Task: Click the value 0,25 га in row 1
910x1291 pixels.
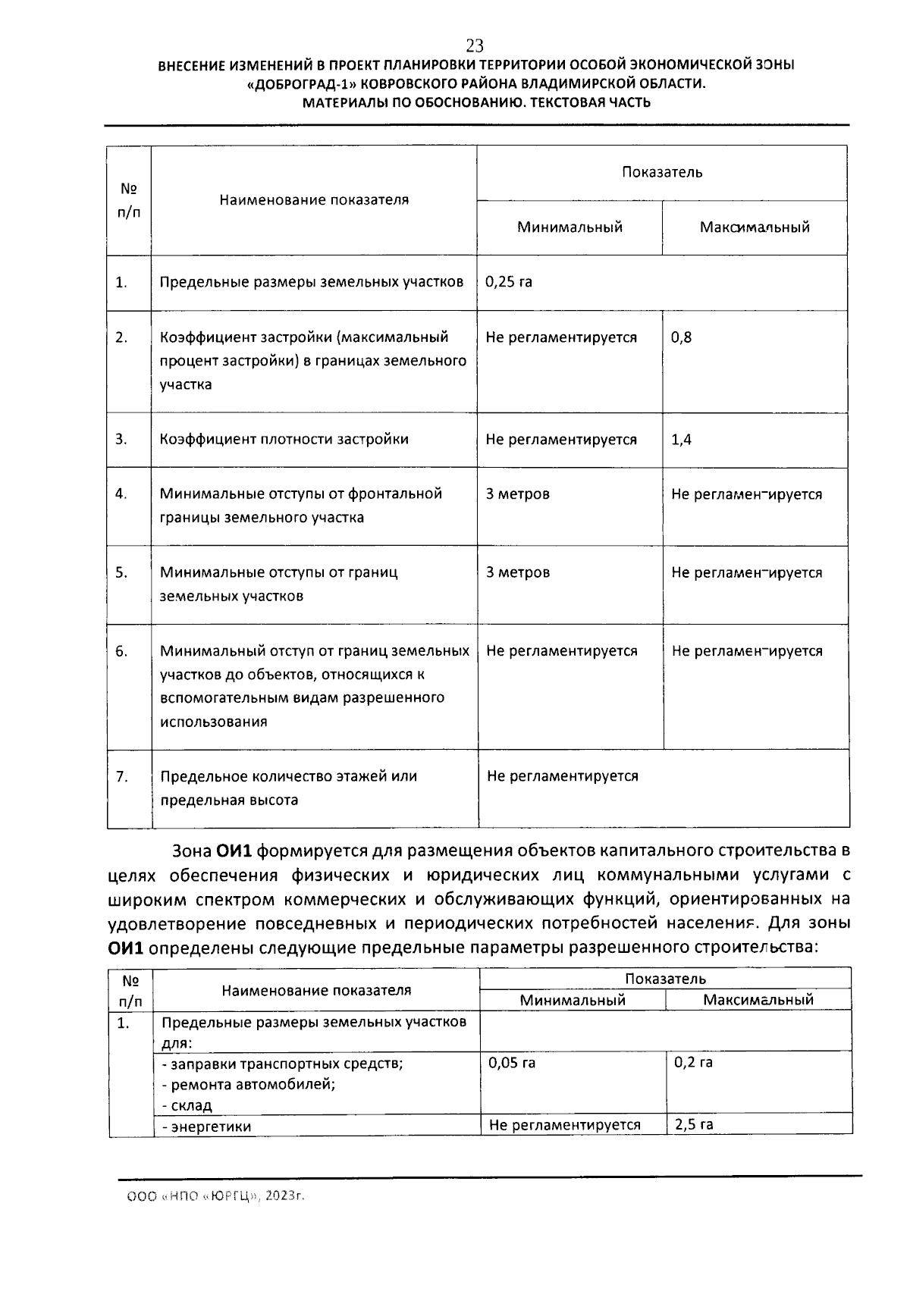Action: (x=509, y=282)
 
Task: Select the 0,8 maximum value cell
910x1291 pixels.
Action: (x=681, y=337)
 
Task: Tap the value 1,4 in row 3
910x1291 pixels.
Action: (x=681, y=440)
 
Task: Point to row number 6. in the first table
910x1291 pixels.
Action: (x=121, y=651)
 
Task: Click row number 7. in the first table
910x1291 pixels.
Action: (x=121, y=776)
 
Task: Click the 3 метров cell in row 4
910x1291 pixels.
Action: (x=518, y=494)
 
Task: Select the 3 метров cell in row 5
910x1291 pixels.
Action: (x=518, y=572)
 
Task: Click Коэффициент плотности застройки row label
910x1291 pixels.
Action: (x=284, y=440)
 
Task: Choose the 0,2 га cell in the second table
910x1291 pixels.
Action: (x=693, y=1063)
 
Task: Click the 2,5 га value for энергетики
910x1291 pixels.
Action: (x=693, y=1125)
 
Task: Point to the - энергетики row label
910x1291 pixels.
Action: (x=206, y=1127)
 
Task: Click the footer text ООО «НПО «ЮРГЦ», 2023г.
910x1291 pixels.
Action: (x=215, y=1197)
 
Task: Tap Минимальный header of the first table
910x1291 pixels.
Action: (x=570, y=227)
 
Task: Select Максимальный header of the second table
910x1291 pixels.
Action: (x=758, y=1000)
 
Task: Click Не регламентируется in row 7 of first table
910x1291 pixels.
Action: (x=562, y=776)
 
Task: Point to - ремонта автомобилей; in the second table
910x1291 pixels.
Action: (x=249, y=1084)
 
